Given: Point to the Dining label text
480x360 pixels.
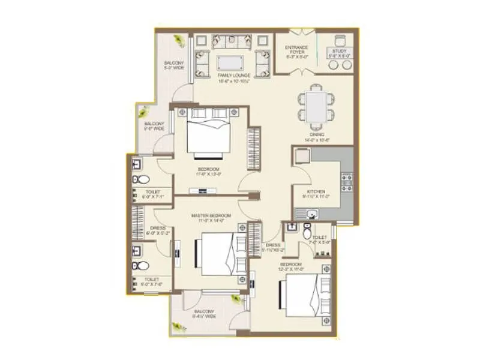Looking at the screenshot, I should tap(318, 137).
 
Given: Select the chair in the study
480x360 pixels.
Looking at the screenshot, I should tap(340, 41).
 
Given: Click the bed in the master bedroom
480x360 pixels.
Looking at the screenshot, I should tap(220, 254).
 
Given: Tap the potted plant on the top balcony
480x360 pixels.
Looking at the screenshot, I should tap(179, 41).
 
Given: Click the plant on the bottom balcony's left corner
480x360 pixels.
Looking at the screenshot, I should tap(177, 327).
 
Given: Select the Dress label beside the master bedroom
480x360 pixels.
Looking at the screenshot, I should tap(158, 230).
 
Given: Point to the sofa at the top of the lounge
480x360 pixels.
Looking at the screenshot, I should tap(232, 42).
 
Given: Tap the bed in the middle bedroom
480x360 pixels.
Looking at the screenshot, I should tap(209, 135).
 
